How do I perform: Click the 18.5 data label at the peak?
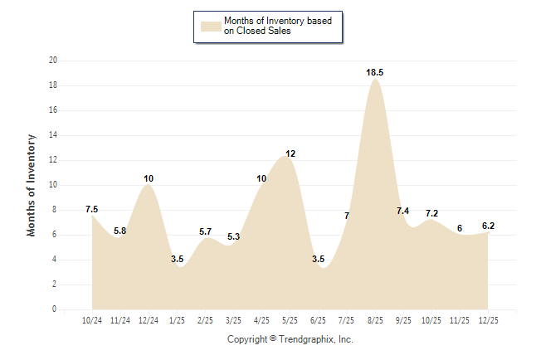point(375,73)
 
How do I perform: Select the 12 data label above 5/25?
point(290,153)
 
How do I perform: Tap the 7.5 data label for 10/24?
point(91,209)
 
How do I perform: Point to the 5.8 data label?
point(120,231)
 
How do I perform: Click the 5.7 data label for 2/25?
point(206,231)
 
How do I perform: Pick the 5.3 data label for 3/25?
point(233,236)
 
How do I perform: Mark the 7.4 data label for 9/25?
point(402,211)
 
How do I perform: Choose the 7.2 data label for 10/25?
point(432,213)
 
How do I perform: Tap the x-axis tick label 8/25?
point(375,319)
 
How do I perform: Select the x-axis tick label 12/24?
point(149,319)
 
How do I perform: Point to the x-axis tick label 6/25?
point(319,319)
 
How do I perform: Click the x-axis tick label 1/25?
point(177,319)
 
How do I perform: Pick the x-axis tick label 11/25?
point(460,319)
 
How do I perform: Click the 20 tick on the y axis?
point(53,61)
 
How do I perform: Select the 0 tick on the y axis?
point(55,309)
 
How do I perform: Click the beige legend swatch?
point(210,26)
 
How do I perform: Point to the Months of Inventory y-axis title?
point(32,185)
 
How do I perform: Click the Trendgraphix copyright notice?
point(290,339)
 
